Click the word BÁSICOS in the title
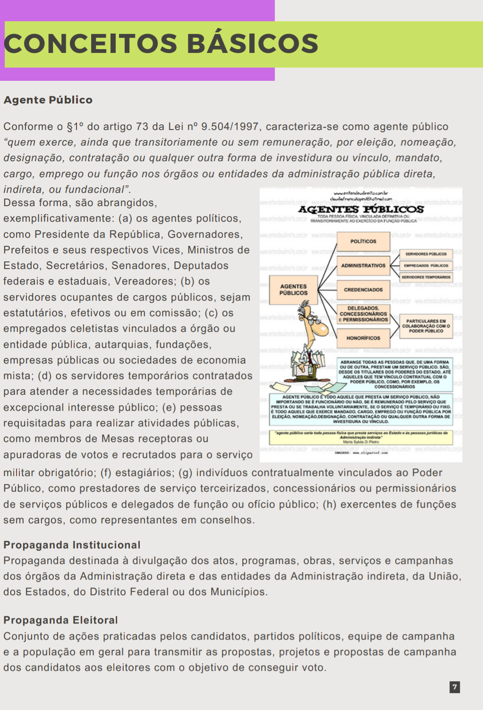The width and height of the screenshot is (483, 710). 253,43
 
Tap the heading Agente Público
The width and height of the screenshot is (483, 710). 48,100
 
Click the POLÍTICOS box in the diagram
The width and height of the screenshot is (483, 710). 363,242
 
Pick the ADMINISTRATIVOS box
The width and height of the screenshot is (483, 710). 363,266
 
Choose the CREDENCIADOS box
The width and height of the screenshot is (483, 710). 363,290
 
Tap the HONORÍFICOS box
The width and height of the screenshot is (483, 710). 363,338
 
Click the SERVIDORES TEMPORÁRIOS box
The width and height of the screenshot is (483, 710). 426,277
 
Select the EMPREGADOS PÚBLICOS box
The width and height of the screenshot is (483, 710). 426,266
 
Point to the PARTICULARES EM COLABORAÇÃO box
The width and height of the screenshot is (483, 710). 426,326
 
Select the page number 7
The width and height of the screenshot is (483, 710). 455,687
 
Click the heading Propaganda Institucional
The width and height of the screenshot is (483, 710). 72,545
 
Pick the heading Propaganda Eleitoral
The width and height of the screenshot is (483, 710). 60,620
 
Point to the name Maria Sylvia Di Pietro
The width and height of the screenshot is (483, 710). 361,442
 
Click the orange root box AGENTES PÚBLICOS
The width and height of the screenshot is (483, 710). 293,289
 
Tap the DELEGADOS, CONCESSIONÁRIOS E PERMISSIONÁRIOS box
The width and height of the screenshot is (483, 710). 363,314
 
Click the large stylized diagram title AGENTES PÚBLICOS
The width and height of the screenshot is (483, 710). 361,209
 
